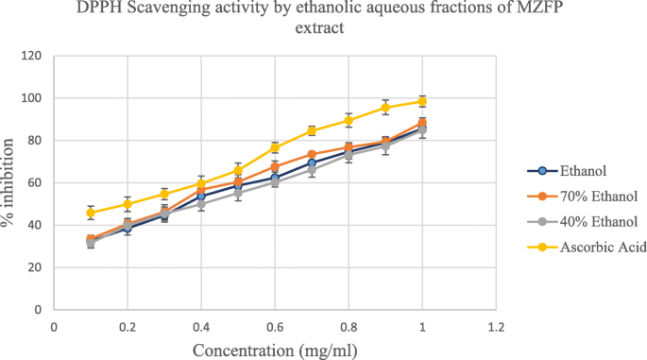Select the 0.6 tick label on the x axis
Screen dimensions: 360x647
275,326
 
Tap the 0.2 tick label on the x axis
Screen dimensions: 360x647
128,326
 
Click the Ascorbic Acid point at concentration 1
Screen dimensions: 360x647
422,101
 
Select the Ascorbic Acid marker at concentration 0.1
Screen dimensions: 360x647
91,213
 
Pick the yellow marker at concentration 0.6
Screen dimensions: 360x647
275,147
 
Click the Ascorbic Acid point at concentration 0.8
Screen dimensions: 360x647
349,120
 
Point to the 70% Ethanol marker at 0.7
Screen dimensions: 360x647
312,154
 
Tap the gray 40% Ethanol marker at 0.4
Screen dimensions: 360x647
201,204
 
